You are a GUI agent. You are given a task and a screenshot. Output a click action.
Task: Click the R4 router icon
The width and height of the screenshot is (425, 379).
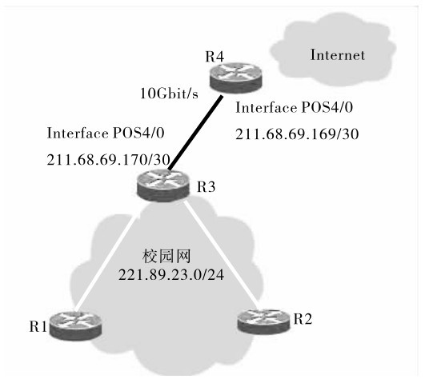236,78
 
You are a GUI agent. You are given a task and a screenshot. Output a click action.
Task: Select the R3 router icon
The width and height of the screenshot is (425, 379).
163,186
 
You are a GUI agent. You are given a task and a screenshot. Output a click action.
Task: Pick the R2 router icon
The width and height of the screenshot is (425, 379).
263,321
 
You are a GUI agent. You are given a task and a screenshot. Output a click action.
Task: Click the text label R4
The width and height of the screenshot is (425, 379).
215,57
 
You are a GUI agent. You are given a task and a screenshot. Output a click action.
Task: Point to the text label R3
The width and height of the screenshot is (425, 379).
206,187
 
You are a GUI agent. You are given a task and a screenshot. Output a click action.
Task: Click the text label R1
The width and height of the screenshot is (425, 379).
38,327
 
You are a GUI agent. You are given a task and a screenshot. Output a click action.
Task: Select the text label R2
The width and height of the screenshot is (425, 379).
303,319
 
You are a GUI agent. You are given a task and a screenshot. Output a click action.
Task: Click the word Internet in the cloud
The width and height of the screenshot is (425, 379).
338,55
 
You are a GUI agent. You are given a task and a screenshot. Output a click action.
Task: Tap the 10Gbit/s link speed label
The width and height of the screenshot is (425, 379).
169,94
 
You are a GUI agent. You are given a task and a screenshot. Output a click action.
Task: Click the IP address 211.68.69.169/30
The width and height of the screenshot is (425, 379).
297,134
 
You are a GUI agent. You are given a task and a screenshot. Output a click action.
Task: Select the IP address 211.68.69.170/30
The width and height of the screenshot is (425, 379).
108,160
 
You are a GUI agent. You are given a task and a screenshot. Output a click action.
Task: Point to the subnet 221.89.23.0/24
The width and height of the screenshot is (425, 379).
171,275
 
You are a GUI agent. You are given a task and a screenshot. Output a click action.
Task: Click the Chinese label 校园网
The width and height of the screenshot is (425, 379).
166,256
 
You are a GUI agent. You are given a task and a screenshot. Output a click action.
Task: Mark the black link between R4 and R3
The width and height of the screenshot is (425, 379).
195,133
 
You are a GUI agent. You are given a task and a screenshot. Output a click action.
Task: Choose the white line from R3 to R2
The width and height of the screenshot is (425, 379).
220,253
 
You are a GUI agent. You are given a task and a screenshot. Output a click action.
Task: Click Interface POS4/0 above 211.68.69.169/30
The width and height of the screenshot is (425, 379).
294,108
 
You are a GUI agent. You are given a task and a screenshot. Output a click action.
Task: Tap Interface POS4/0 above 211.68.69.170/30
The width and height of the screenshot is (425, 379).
106,134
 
